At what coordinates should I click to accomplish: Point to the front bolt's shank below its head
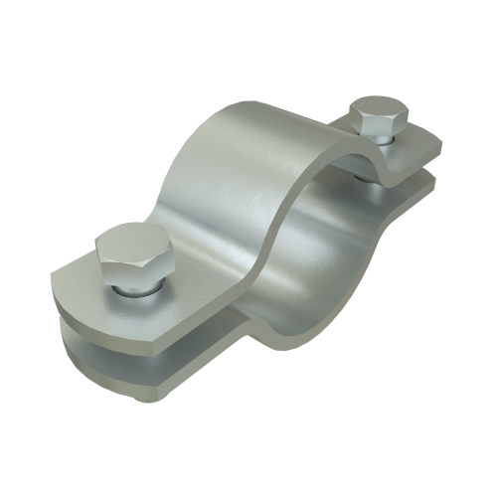click(x=135, y=289)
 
